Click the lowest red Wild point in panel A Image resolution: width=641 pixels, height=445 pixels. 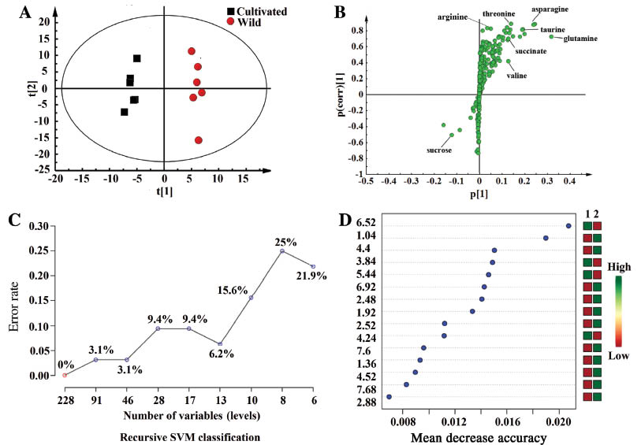click(199, 140)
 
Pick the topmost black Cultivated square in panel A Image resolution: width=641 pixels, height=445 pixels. click(136, 58)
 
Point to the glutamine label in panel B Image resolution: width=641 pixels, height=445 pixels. click(580, 38)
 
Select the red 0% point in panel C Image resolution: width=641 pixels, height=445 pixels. click(65, 375)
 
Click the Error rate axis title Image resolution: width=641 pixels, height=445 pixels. click(13, 301)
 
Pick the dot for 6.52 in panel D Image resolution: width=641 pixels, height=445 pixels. click(568, 226)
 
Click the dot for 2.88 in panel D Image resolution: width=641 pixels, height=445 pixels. click(389, 396)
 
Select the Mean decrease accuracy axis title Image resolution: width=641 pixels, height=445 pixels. click(475, 436)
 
